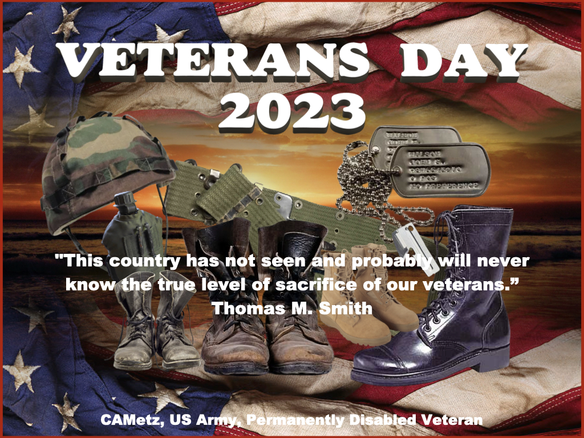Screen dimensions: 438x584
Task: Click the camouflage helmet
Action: (x=103, y=165)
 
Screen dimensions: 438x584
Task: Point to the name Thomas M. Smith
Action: (x=292, y=309)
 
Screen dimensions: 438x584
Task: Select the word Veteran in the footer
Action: (x=456, y=420)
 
